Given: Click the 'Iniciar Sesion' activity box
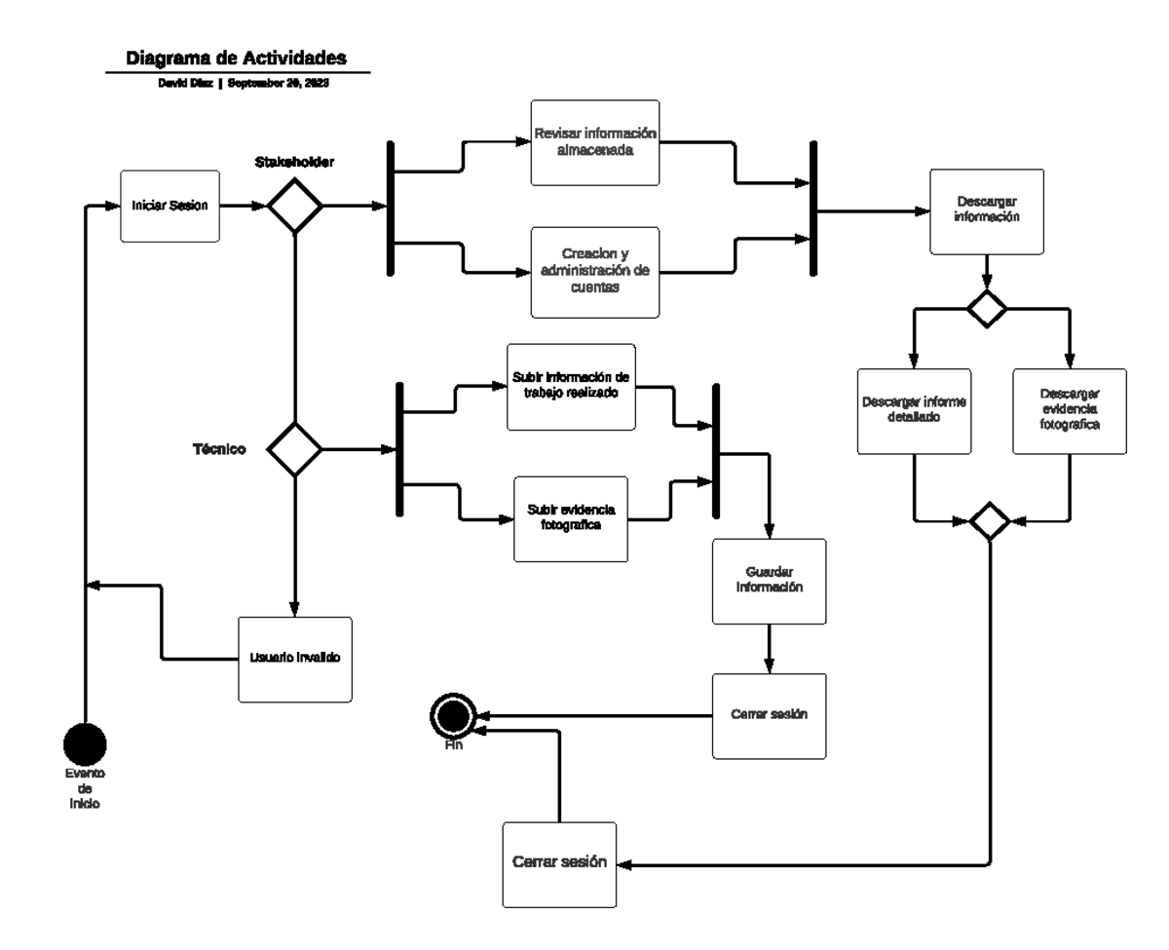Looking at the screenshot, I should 170,207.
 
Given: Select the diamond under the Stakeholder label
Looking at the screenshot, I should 294,207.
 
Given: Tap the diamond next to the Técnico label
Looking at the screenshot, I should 294,449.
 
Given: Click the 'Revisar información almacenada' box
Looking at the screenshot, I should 594,143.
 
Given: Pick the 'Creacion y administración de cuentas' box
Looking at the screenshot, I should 594,272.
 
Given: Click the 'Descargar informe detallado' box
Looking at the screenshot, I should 914,411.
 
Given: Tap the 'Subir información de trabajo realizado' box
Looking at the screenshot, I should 571,386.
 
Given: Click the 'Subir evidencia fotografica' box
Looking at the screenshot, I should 571,518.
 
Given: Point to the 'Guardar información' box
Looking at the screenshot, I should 769,581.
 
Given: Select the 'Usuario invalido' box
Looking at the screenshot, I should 294,659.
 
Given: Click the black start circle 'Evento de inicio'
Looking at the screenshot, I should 85,745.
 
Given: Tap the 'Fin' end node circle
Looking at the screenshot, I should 453,718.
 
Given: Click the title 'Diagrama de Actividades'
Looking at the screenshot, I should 237,58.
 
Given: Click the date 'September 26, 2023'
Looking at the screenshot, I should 278,84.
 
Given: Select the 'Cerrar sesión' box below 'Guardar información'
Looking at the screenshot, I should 769,716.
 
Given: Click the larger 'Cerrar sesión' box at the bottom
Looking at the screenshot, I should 559,864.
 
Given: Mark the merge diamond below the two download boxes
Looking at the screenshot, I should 991,521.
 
